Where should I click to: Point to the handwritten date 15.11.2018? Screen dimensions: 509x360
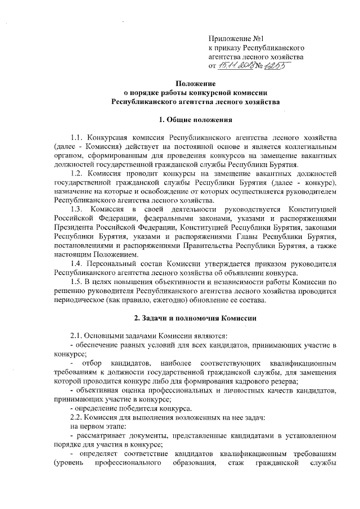tap(237, 66)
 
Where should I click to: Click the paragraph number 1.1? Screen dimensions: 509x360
tap(76, 137)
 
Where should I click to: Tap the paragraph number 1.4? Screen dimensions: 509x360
tap(76, 263)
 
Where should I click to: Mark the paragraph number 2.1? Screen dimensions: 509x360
tap(76, 336)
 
